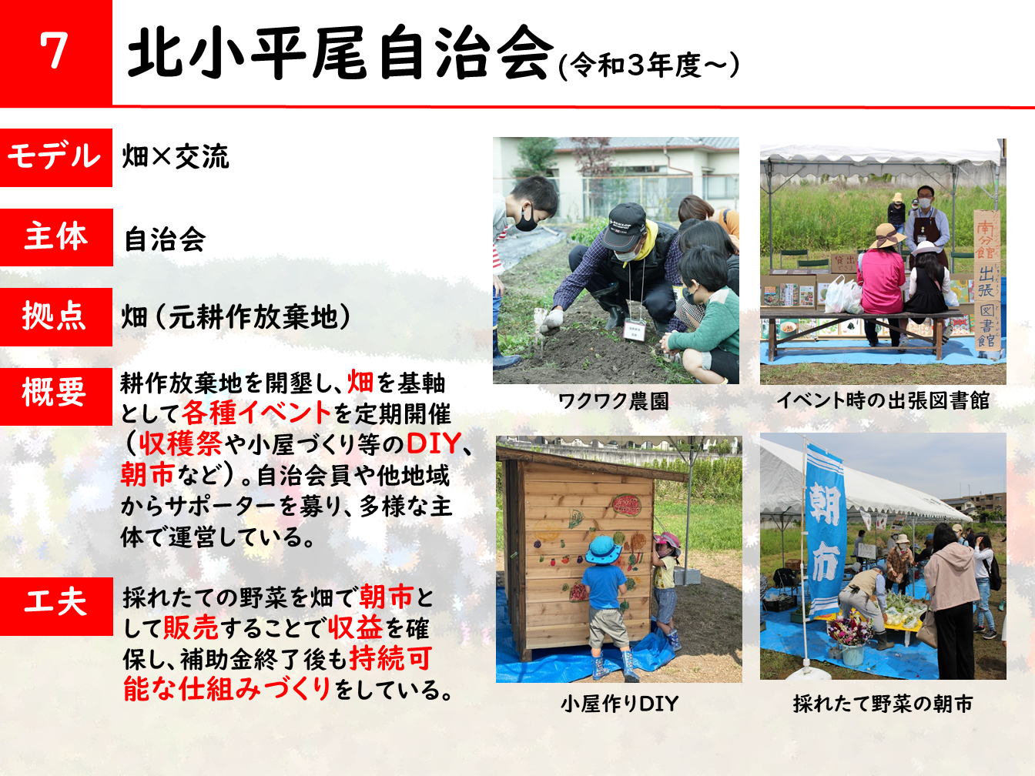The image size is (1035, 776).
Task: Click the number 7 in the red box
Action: (x=53, y=51)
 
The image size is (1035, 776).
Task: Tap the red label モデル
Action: (x=55, y=156)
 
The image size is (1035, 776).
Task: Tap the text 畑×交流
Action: (x=176, y=156)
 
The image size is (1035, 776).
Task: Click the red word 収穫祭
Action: (x=180, y=443)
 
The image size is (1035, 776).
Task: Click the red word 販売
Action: (x=191, y=627)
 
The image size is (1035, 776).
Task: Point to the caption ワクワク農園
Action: (x=614, y=401)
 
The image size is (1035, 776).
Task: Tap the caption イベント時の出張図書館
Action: (x=883, y=400)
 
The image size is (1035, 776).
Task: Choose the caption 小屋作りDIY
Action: (x=620, y=704)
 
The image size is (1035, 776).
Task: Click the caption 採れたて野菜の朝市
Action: (x=883, y=704)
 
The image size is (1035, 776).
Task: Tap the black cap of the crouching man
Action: (x=626, y=226)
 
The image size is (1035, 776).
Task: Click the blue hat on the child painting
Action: (x=603, y=550)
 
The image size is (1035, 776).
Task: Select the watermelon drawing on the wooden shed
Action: (x=627, y=504)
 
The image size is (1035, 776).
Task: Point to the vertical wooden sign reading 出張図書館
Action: (x=987, y=280)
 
